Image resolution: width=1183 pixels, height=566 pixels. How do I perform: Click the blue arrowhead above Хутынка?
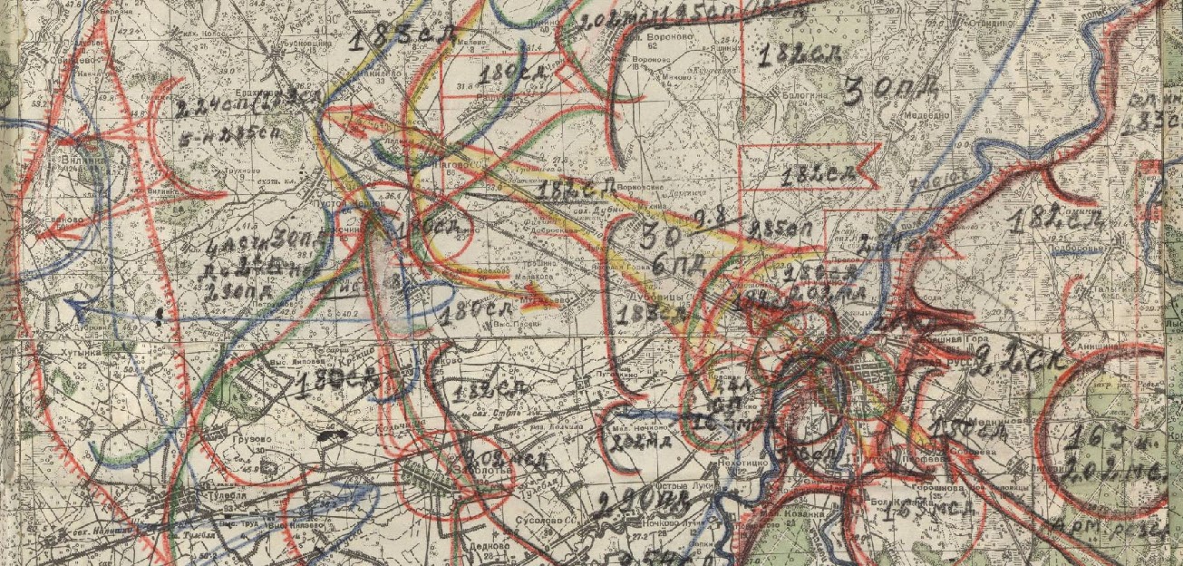[78, 309]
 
